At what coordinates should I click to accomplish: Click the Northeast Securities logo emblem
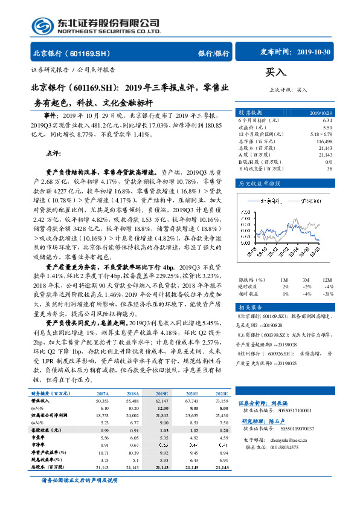[42, 26]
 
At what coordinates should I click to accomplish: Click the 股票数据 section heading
[250, 112]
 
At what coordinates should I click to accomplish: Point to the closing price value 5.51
[327, 128]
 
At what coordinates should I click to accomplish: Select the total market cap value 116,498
[324, 141]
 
